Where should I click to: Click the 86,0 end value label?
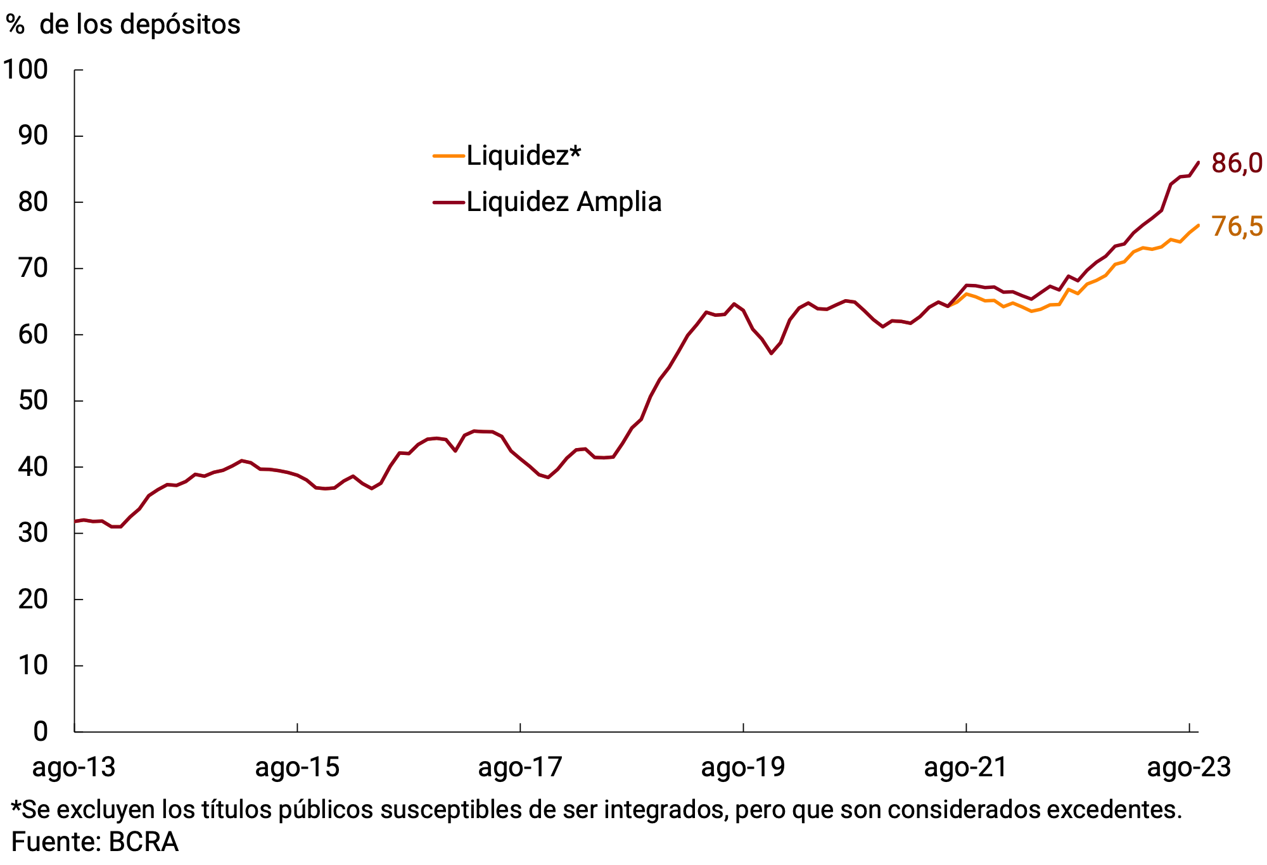[1236, 163]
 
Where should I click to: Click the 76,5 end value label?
[1236, 227]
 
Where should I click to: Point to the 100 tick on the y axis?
[26, 70]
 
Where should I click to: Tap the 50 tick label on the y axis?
[33, 401]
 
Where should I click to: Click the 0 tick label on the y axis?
[41, 732]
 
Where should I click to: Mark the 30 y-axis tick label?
[33, 534]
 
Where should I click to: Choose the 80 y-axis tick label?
[33, 203]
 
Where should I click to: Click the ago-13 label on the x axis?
[74, 768]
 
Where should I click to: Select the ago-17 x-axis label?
[520, 768]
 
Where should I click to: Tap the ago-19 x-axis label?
[743, 768]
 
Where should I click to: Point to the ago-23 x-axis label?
[1189, 768]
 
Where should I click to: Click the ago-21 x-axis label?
[966, 768]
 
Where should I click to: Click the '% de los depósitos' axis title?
[124, 25]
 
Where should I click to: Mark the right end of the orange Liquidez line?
[1198, 226]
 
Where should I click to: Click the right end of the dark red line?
[1198, 162]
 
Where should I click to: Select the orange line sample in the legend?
[449, 156]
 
